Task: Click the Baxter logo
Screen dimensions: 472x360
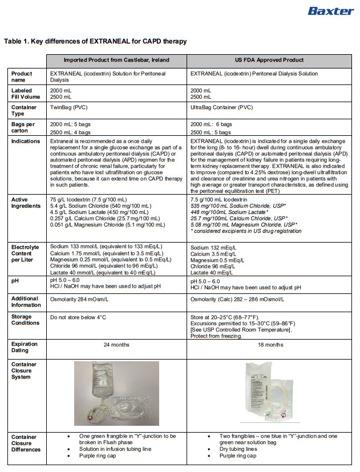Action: coord(330,10)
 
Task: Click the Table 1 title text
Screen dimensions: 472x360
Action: coord(95,42)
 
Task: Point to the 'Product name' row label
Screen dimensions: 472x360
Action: coord(22,76)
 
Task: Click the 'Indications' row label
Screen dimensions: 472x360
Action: coord(25,141)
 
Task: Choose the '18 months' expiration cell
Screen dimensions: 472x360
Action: coord(270,345)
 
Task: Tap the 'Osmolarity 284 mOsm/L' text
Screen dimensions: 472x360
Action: coord(81,299)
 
